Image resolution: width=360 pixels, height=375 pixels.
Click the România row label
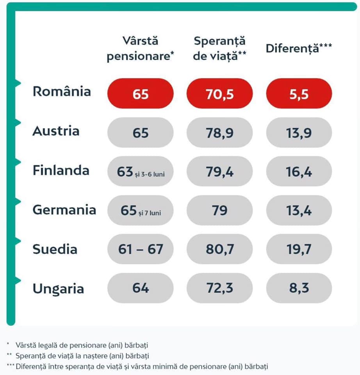click(x=62, y=91)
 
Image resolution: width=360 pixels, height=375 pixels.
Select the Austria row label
click(x=56, y=131)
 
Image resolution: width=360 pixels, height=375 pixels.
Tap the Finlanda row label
click(x=61, y=171)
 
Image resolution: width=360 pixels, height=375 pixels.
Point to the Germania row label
click(x=64, y=210)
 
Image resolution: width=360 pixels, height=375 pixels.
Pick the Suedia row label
click(x=55, y=249)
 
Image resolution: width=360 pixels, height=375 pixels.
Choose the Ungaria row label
click(x=58, y=289)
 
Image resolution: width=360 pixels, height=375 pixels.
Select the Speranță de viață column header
click(x=220, y=48)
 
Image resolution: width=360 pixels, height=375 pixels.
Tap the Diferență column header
click(x=299, y=48)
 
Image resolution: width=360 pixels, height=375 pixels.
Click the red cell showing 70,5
click(x=220, y=94)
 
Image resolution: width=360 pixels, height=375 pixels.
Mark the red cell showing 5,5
click(x=299, y=94)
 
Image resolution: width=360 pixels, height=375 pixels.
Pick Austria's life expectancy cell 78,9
click(x=220, y=133)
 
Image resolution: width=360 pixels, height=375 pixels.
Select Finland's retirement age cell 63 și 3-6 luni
click(x=141, y=172)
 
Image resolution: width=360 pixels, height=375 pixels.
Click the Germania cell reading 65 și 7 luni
click(x=141, y=211)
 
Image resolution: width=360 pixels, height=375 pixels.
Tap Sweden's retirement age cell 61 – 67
click(x=141, y=249)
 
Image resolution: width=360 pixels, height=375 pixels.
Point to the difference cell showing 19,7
click(x=299, y=249)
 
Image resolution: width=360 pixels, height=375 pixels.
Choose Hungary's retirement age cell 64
click(x=141, y=289)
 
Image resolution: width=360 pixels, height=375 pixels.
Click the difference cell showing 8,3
click(x=299, y=289)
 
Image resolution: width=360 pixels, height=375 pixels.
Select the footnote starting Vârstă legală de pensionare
click(x=82, y=345)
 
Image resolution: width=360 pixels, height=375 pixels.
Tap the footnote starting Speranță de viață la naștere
click(x=82, y=356)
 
